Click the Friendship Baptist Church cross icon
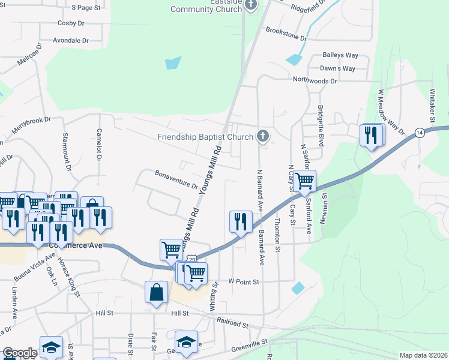(262, 137)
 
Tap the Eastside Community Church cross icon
(252, 5)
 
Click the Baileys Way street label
(340, 55)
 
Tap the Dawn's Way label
(337, 68)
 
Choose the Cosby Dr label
(71, 23)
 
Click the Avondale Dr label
(71, 41)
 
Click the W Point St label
(243, 281)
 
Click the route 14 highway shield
(420, 132)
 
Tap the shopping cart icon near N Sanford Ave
(305, 179)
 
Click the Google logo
(19, 353)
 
